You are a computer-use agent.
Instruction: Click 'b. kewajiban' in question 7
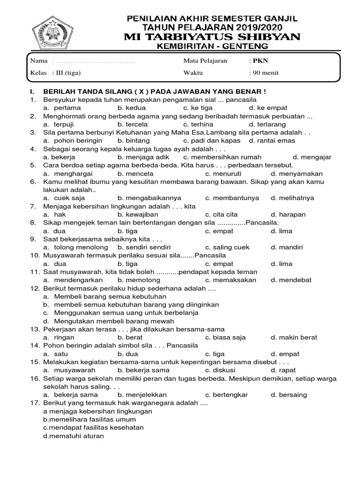click(x=138, y=215)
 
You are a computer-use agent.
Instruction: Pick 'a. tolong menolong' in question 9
click(x=73, y=247)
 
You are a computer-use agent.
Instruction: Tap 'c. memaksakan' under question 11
click(x=230, y=280)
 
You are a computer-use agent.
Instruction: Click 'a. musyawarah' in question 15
click(x=68, y=371)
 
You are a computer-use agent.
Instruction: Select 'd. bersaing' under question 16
click(x=288, y=395)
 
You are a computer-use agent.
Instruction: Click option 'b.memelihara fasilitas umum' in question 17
click(x=90, y=419)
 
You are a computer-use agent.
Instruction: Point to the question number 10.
click(x=35, y=255)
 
